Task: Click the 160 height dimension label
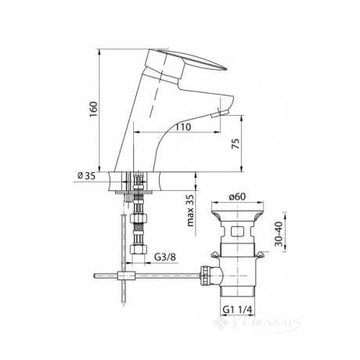(x=94, y=110)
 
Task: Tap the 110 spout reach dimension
(x=183, y=128)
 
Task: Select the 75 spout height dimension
(x=236, y=144)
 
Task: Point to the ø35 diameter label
(x=87, y=176)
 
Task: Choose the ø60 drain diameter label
(x=237, y=196)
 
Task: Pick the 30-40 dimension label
(x=279, y=234)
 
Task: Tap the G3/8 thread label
(x=165, y=257)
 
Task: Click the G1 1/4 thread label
(x=237, y=310)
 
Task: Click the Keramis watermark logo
(x=257, y=324)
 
